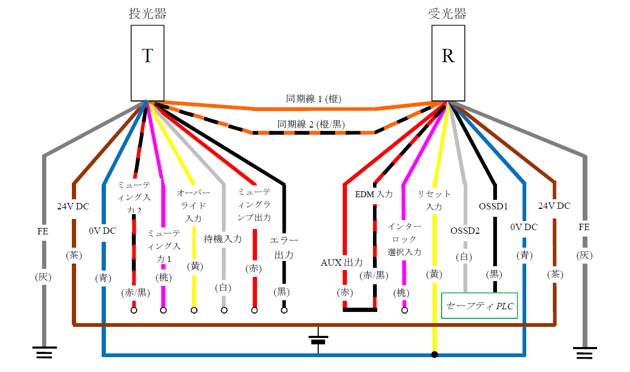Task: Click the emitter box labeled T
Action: pos(147,63)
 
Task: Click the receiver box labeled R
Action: pos(448,63)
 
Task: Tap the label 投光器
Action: pos(147,14)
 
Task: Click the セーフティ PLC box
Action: pos(479,306)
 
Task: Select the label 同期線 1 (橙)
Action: pos(314,98)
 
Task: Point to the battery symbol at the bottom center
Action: pos(318,340)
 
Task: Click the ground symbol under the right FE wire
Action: pos(585,352)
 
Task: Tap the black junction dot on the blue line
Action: pos(435,354)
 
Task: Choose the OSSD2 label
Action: pos(465,231)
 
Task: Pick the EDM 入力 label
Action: pos(374,195)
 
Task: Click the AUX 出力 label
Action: pos(342,263)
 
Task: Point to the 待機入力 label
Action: pos(223,239)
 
